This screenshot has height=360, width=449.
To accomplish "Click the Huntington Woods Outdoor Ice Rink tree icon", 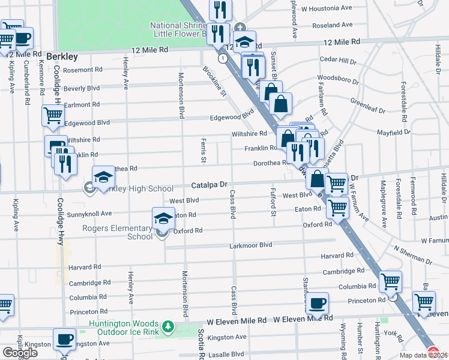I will click(170, 326).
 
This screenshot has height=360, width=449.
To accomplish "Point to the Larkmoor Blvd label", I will click(251, 245).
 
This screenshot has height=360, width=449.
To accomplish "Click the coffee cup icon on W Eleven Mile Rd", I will click(317, 304).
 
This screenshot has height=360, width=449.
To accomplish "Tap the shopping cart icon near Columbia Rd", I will click(391, 281).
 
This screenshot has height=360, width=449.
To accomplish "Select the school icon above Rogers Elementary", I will click(162, 219).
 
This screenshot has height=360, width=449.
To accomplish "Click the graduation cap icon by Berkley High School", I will click(103, 177).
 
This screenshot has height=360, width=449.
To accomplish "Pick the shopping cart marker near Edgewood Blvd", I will click(53, 116).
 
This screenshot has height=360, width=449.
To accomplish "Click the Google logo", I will click(19, 353).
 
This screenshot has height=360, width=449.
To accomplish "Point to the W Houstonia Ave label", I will click(327, 9).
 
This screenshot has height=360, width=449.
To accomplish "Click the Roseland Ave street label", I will click(332, 26).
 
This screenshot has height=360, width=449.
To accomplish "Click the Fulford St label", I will click(273, 203).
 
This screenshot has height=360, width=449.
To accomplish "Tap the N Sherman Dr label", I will click(413, 256).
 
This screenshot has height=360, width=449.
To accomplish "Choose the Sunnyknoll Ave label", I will click(89, 213).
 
